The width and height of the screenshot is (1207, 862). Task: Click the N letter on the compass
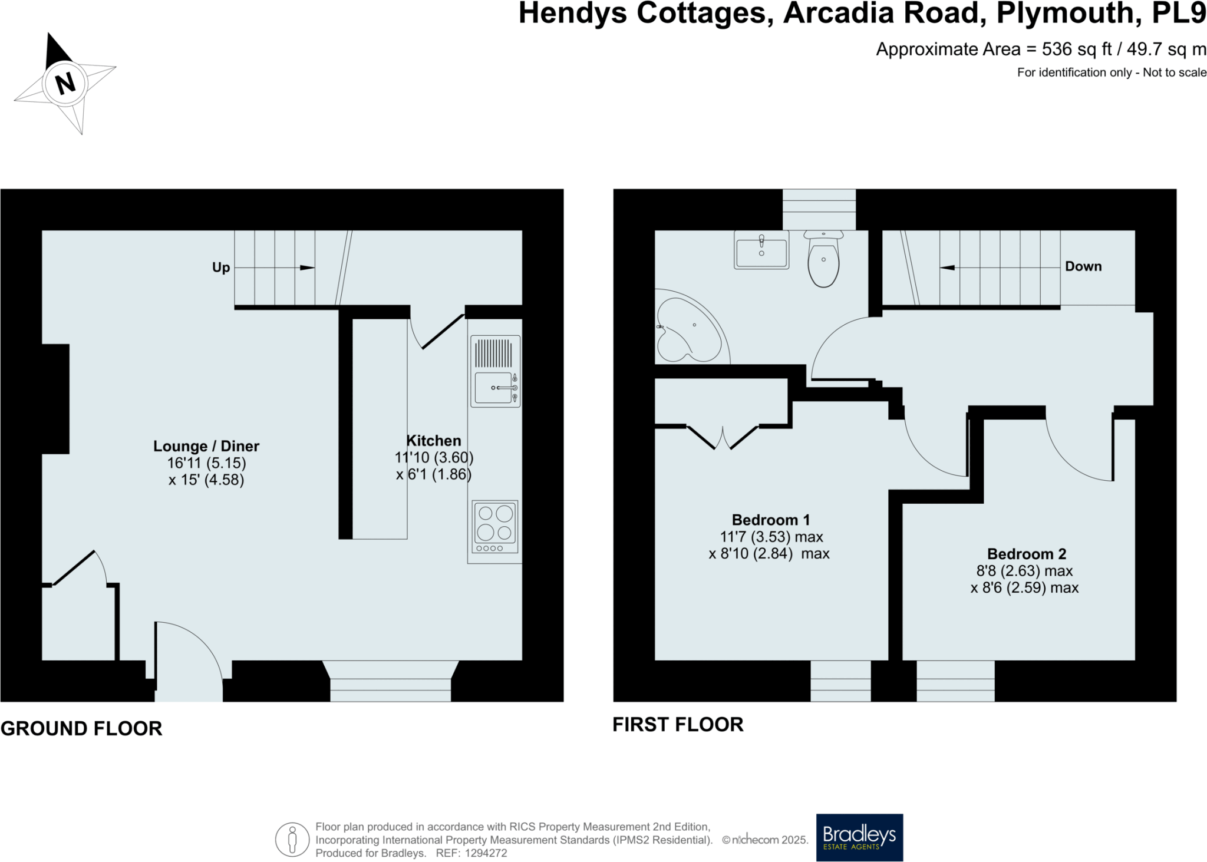(65, 83)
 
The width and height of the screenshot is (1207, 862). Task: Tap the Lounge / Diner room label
(206, 446)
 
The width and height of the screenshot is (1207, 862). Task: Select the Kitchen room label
(434, 441)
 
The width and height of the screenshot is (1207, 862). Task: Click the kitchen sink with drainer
(495, 371)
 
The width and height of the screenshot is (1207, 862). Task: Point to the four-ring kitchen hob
(495, 527)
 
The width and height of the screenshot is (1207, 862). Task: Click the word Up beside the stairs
(221, 267)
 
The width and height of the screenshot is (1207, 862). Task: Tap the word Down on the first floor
(1083, 266)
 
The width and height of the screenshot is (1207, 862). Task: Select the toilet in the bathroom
(823, 259)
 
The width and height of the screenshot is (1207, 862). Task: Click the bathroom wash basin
(761, 250)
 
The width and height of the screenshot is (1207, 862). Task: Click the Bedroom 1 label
(771, 520)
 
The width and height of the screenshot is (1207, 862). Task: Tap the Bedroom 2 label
(1027, 554)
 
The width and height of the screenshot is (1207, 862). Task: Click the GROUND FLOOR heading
(81, 729)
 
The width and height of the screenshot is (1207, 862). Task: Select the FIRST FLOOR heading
(678, 725)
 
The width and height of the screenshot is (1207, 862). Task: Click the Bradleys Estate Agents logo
(859, 837)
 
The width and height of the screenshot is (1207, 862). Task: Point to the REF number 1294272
(486, 853)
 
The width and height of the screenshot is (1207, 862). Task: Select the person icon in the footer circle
(292, 839)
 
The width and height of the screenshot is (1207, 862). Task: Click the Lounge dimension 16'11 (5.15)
(206, 463)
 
